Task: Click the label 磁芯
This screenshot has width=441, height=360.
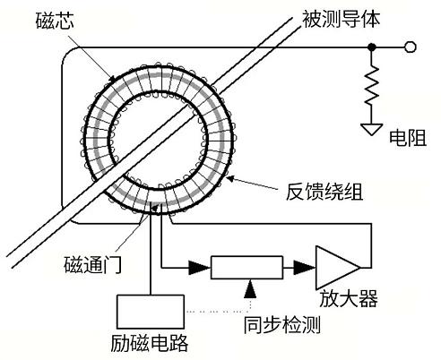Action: click(x=55, y=21)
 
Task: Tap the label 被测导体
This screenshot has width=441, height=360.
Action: click(x=342, y=20)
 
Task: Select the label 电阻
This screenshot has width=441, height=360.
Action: click(x=408, y=138)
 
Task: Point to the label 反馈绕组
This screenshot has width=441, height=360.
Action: click(x=324, y=191)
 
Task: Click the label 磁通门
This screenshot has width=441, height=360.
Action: click(x=92, y=264)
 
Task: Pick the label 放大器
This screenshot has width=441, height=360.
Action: click(x=349, y=298)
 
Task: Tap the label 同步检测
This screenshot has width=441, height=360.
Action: click(x=282, y=325)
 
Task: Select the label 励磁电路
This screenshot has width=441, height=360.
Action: click(x=150, y=343)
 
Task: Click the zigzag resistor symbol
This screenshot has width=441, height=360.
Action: click(x=372, y=85)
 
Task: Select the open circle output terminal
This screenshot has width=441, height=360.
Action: click(x=411, y=47)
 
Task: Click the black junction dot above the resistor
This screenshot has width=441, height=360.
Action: click(x=372, y=47)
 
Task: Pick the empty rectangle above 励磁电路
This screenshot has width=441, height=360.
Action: click(x=151, y=312)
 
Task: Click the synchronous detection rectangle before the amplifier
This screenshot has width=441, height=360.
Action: click(x=246, y=268)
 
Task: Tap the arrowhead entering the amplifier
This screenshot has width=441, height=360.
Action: click(x=304, y=268)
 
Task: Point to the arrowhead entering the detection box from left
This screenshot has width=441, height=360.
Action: click(x=200, y=268)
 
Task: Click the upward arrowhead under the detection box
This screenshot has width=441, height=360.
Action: click(x=250, y=289)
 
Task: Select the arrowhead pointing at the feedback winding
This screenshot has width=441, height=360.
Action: click(x=230, y=178)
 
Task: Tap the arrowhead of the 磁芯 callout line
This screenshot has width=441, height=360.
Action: click(x=112, y=79)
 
